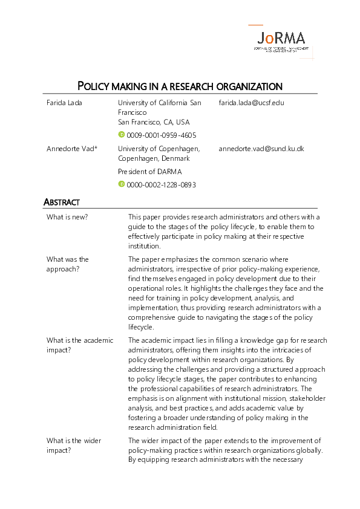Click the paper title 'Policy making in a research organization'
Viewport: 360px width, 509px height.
tap(180, 86)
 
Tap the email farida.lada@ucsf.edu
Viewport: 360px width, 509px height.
tap(251, 103)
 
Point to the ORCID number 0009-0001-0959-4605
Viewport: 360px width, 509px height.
tap(161, 135)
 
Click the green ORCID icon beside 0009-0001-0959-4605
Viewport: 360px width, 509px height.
tap(121, 135)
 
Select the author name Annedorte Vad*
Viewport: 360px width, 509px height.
tap(72, 149)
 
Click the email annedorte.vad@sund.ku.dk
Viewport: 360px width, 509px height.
tap(261, 149)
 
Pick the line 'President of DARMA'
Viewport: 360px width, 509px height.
tap(149, 172)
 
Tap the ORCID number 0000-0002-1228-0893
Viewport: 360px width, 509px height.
tap(161, 185)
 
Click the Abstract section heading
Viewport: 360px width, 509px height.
tap(62, 203)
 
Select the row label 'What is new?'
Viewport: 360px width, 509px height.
tap(67, 217)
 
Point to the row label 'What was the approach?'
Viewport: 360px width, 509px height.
tap(68, 264)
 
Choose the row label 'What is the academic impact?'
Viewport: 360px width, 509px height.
tap(79, 345)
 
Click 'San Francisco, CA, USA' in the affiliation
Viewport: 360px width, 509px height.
tap(154, 122)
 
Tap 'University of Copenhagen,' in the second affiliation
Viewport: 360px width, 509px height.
tap(159, 149)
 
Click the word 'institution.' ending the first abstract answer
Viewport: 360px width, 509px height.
tap(144, 246)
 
